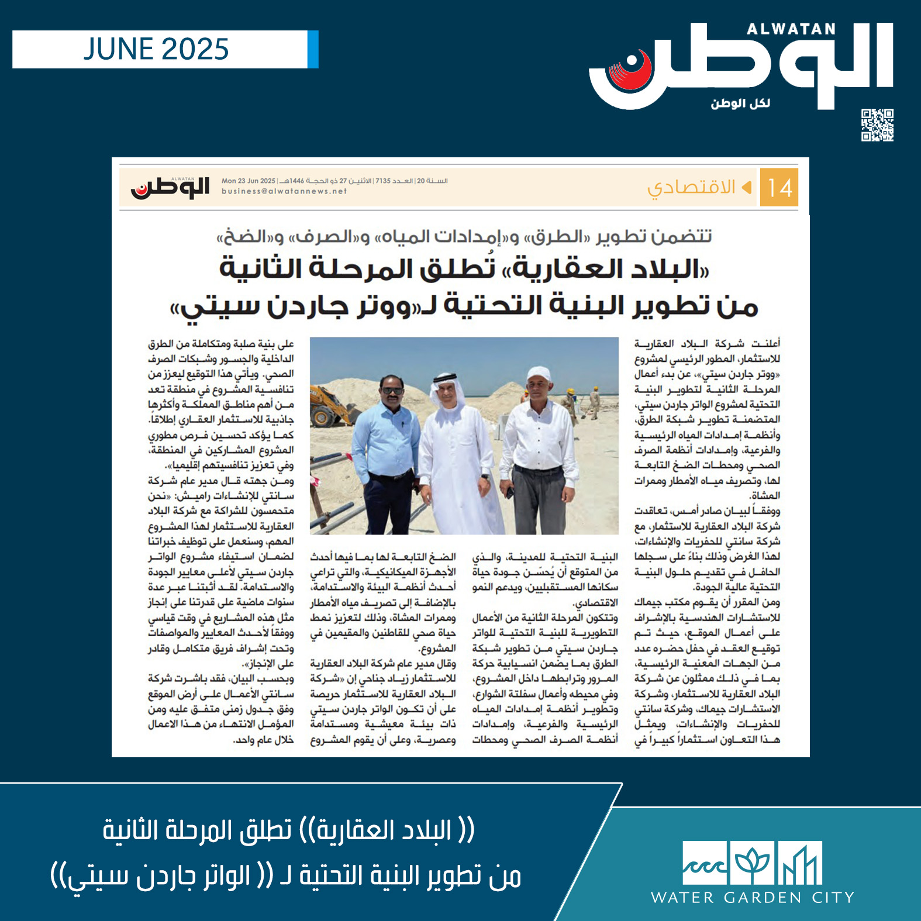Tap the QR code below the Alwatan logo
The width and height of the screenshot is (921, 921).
pyautogui.click(x=877, y=125)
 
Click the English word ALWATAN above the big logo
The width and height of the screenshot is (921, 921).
pyautogui.click(x=791, y=29)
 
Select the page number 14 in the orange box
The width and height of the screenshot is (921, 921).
pyautogui.click(x=779, y=188)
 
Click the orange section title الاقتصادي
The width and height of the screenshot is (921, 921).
pyautogui.click(x=691, y=188)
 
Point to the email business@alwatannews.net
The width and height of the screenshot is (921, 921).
pyautogui.click(x=284, y=191)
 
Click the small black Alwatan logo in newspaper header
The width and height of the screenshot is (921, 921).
pyautogui.click(x=170, y=187)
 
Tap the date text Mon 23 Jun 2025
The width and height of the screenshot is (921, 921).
pyautogui.click(x=248, y=181)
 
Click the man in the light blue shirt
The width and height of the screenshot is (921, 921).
pyautogui.click(x=383, y=450)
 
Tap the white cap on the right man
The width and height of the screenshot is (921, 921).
pyautogui.click(x=539, y=372)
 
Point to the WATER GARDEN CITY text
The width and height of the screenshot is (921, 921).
pyautogui.click(x=753, y=898)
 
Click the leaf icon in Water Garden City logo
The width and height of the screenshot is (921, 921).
pyautogui.click(x=752, y=863)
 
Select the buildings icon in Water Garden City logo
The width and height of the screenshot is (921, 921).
pyautogui.click(x=800, y=863)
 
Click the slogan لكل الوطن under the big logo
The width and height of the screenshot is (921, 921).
pyautogui.click(x=740, y=104)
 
